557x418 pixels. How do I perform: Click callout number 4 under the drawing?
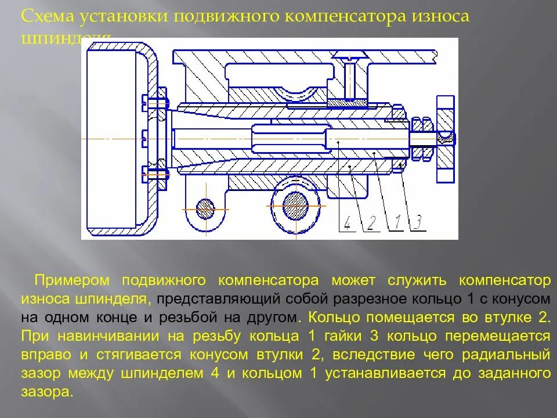pos(347,223)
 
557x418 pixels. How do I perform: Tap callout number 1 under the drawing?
pos(398,222)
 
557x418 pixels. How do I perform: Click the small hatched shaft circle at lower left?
pos(205,208)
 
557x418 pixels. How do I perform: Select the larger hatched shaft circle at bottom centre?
pos(295,205)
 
